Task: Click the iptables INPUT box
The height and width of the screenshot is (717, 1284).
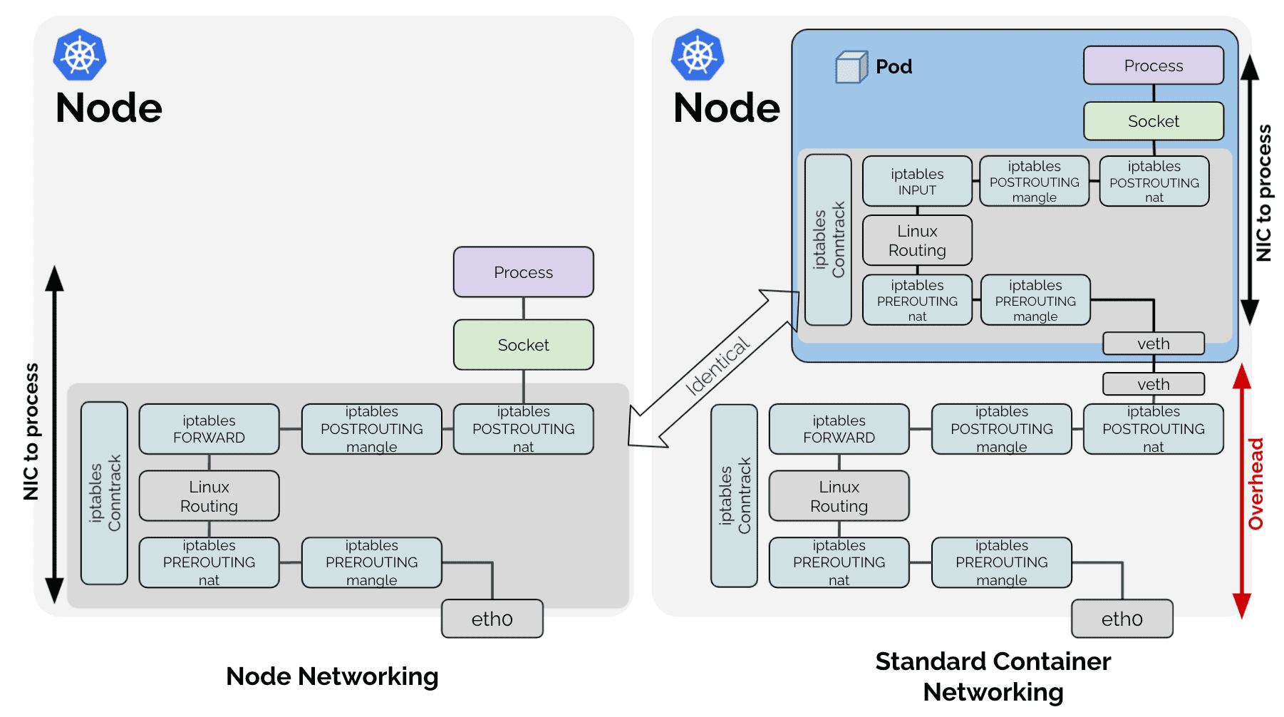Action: click(x=917, y=182)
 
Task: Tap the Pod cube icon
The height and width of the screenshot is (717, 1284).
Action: click(x=851, y=67)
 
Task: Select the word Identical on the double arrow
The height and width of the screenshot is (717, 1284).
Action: click(x=717, y=366)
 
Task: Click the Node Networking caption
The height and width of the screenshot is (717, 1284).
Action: click(x=332, y=676)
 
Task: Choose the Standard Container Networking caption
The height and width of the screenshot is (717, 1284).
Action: click(x=993, y=676)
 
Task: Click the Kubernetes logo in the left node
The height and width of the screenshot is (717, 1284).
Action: click(x=80, y=55)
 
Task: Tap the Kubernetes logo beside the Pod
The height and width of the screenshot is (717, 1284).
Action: click(x=698, y=55)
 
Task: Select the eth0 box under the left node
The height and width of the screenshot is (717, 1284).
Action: click(x=492, y=619)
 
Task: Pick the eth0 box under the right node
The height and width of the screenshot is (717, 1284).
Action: click(x=1122, y=619)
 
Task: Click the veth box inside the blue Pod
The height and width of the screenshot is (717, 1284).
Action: click(x=1154, y=344)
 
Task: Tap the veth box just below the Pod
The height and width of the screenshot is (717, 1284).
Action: click(x=1154, y=384)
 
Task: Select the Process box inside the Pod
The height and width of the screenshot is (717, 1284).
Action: click(x=1154, y=66)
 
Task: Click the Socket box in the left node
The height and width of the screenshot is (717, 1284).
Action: click(x=524, y=345)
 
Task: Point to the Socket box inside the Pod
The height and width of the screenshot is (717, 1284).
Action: click(x=1154, y=121)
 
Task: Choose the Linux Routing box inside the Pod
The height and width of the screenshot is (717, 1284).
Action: click(x=917, y=241)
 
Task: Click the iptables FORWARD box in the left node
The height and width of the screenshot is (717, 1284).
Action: click(x=209, y=429)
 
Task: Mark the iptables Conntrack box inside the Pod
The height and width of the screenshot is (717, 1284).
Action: click(x=828, y=239)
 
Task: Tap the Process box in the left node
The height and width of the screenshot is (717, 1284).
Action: click(x=524, y=272)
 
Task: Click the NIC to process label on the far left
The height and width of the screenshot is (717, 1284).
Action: click(x=31, y=431)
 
